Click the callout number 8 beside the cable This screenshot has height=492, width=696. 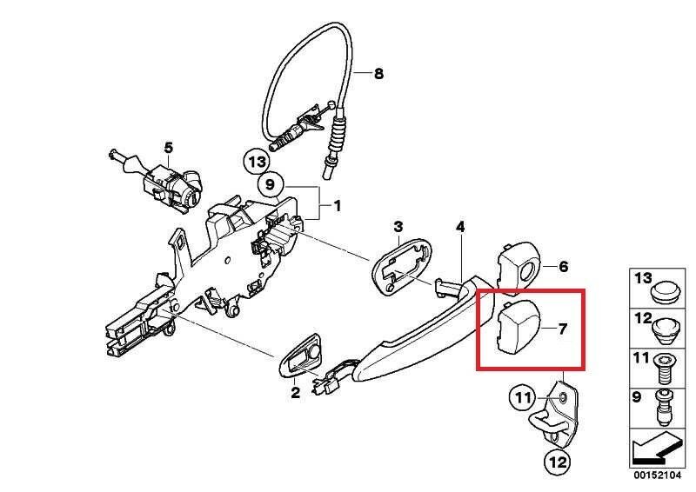378,74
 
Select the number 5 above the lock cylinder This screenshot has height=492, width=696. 168,147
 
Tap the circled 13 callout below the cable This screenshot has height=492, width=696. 256,162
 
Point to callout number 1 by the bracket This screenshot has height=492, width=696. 337,207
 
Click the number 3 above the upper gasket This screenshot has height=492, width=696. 398,228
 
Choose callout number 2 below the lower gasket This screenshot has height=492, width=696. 295,394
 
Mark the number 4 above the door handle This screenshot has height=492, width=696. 460,228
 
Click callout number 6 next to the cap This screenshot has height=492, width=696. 562,266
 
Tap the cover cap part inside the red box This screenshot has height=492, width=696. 519,329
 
